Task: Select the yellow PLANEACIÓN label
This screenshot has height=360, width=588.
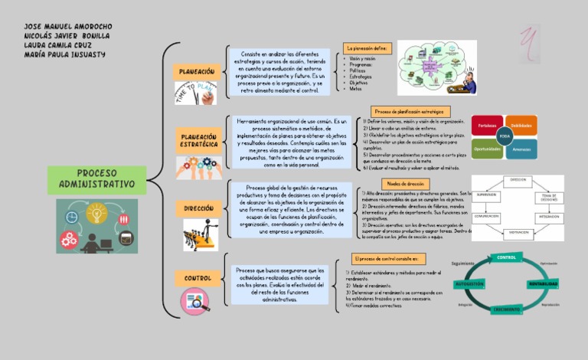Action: (197, 71)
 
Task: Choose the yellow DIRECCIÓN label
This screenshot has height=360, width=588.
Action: (198, 208)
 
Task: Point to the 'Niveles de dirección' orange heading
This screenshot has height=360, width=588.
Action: (401, 185)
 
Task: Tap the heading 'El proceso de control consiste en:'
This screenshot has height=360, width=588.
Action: (390, 260)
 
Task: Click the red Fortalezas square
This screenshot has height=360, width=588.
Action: (486, 125)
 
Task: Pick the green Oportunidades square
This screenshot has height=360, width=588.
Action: (486, 149)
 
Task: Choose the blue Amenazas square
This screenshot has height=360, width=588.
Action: (522, 149)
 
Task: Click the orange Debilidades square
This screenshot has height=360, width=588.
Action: (522, 125)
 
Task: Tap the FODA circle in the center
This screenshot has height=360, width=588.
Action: (505, 136)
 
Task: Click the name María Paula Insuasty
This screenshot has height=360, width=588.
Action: (64, 54)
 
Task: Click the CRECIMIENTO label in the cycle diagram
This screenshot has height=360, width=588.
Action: (507, 309)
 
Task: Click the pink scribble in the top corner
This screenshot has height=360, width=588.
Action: (529, 38)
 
